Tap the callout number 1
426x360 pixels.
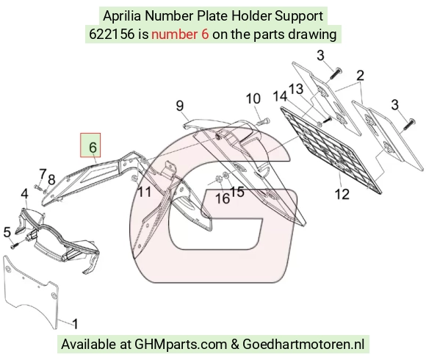coord(75,323)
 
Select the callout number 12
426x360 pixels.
coord(342,194)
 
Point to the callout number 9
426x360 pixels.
coord(180,106)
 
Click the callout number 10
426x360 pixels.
coord(253,98)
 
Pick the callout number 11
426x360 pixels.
coord(145,192)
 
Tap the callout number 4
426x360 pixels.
coord(24,194)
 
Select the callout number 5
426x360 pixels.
coord(7,232)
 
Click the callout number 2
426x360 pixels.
coord(360,75)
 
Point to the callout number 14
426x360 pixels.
coord(280,96)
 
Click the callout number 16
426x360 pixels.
coord(223,198)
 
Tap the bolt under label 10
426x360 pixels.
coord(263,121)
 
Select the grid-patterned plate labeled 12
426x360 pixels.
coord(331,151)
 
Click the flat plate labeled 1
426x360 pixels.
coord(31,292)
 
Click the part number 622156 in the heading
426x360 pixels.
coord(112,35)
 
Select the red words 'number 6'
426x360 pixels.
coord(180,35)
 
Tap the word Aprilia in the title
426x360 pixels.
coord(122,15)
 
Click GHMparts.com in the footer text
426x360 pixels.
coord(181,344)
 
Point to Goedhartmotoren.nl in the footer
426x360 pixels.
coord(303,344)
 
